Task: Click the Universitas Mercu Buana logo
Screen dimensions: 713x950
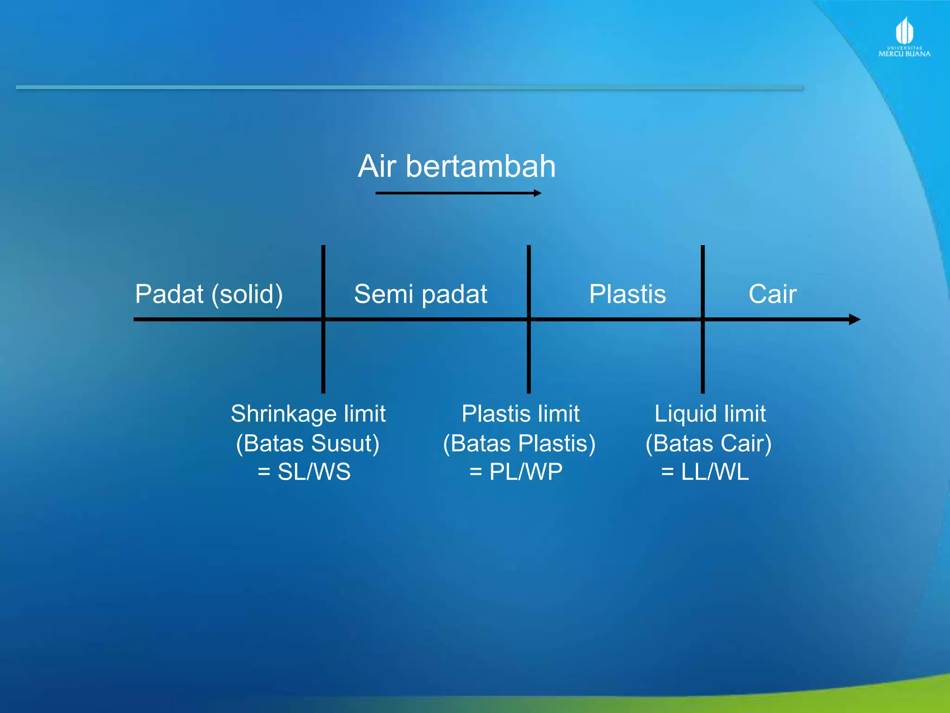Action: (904, 37)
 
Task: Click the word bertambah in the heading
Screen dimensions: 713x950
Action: (481, 166)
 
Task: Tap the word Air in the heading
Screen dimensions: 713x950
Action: (377, 166)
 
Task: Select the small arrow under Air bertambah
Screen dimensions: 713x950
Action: (458, 193)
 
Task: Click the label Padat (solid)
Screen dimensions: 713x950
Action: (209, 294)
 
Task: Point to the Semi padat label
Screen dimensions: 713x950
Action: (420, 294)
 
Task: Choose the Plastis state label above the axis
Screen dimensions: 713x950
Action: (627, 294)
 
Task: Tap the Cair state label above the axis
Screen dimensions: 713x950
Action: (772, 294)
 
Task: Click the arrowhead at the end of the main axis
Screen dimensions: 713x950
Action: (854, 319)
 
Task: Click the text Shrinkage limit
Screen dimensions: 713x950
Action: (308, 414)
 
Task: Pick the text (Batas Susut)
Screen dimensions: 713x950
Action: (308, 443)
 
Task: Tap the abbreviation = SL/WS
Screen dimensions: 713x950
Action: (304, 472)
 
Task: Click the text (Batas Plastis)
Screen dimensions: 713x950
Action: (519, 443)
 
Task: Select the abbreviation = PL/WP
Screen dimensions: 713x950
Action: (516, 472)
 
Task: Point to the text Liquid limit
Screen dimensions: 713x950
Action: (710, 414)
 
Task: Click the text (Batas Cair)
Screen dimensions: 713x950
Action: (708, 443)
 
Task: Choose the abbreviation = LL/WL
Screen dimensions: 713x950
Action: (705, 472)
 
